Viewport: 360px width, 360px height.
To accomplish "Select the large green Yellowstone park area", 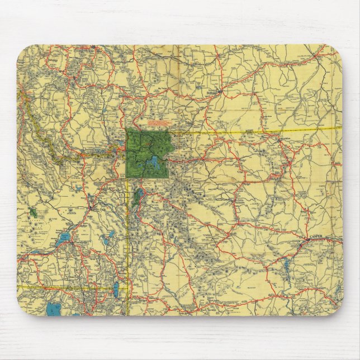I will (x=143, y=145).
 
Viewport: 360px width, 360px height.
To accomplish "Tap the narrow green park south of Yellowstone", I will (x=138, y=197).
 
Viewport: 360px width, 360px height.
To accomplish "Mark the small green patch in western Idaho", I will (x=34, y=212).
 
